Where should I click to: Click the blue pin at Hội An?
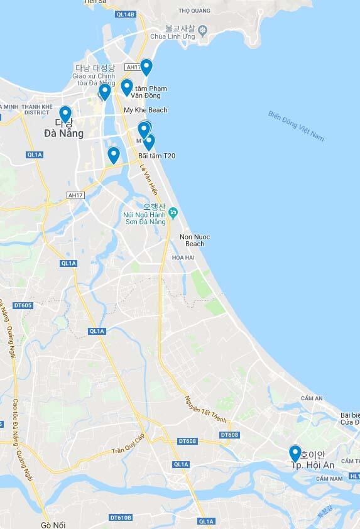tap(295, 452)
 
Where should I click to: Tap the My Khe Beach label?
tap(146, 110)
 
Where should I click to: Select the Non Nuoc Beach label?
tap(195, 240)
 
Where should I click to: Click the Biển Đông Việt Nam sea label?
tap(296, 126)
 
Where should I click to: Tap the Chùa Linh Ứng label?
tap(176, 36)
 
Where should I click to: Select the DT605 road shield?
tap(22, 305)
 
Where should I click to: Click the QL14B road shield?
tap(126, 14)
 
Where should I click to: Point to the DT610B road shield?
tap(121, 518)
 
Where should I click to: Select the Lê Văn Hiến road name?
tap(150, 180)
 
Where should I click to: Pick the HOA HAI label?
tap(183, 258)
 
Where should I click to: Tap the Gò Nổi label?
tap(53, 525)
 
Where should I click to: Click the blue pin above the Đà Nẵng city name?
tap(65, 114)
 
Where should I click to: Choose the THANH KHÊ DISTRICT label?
tap(36, 110)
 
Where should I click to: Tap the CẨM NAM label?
tap(329, 479)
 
